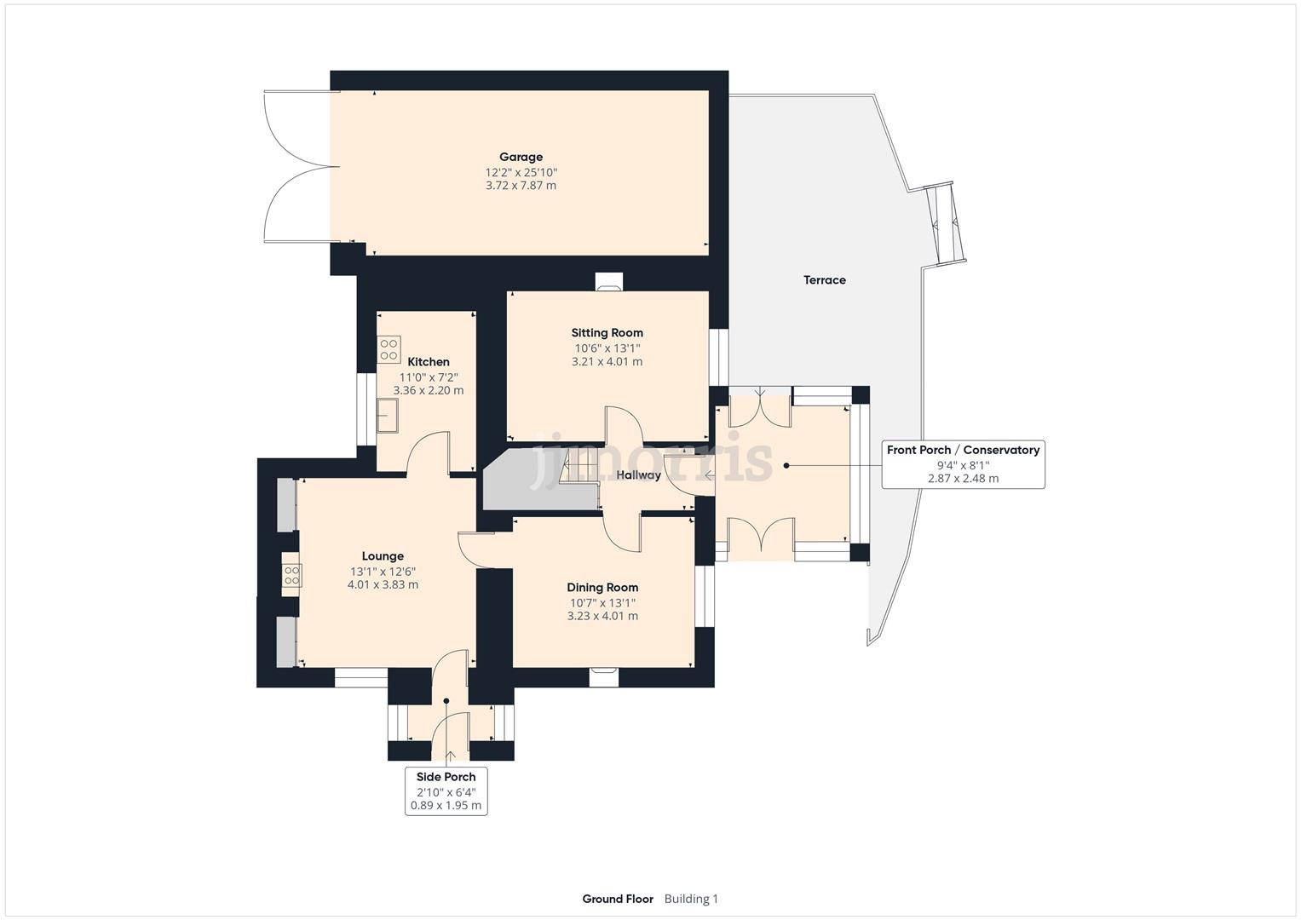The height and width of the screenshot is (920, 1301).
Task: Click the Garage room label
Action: pyautogui.click(x=521, y=157)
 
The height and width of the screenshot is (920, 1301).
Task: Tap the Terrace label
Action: pyautogui.click(x=824, y=279)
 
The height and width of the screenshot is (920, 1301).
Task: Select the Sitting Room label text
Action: pyautogui.click(x=607, y=333)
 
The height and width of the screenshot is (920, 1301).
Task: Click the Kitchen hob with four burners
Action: pyautogui.click(x=389, y=349)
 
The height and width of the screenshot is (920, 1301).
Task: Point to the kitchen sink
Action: pyautogui.click(x=389, y=418)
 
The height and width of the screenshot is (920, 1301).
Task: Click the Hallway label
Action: pyautogui.click(x=638, y=475)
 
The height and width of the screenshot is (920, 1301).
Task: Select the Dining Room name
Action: pyautogui.click(x=602, y=587)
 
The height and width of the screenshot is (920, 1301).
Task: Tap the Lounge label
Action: pyautogui.click(x=383, y=556)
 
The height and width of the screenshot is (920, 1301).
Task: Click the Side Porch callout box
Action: pyautogui.click(x=446, y=791)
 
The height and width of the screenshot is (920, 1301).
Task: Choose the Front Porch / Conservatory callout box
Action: pyautogui.click(x=963, y=464)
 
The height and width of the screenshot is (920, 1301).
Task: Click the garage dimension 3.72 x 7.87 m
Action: pyautogui.click(x=521, y=186)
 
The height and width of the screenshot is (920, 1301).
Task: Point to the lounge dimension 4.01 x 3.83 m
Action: pyautogui.click(x=383, y=585)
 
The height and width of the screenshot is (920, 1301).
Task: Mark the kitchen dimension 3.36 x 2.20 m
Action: pyautogui.click(x=428, y=391)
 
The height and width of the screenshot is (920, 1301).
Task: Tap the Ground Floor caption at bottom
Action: pyautogui.click(x=618, y=899)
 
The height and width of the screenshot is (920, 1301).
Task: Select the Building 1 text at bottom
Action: pyautogui.click(x=691, y=899)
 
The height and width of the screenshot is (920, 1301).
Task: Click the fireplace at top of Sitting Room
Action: pyautogui.click(x=608, y=282)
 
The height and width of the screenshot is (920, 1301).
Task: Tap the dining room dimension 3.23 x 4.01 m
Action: pyautogui.click(x=602, y=616)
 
